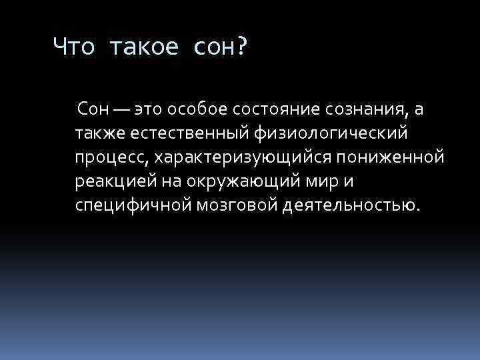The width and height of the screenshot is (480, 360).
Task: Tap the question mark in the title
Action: coord(240,47)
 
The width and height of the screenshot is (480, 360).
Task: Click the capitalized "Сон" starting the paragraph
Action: coord(91,108)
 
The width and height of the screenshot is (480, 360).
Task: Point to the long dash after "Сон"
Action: coord(122,109)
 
